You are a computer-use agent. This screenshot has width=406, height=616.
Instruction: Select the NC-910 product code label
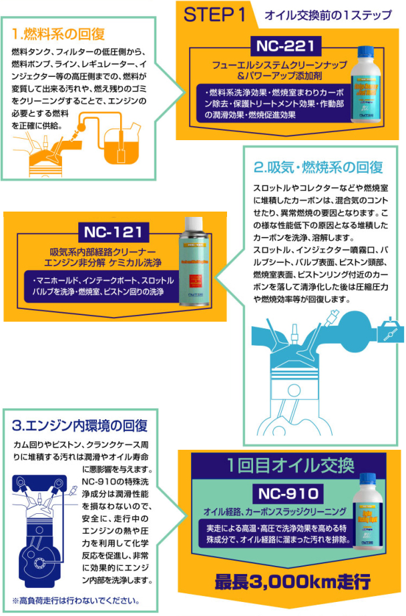(288, 495)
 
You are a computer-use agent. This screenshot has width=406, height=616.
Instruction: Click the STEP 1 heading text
(214, 15)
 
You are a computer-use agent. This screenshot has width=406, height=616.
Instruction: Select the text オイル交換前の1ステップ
(329, 15)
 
